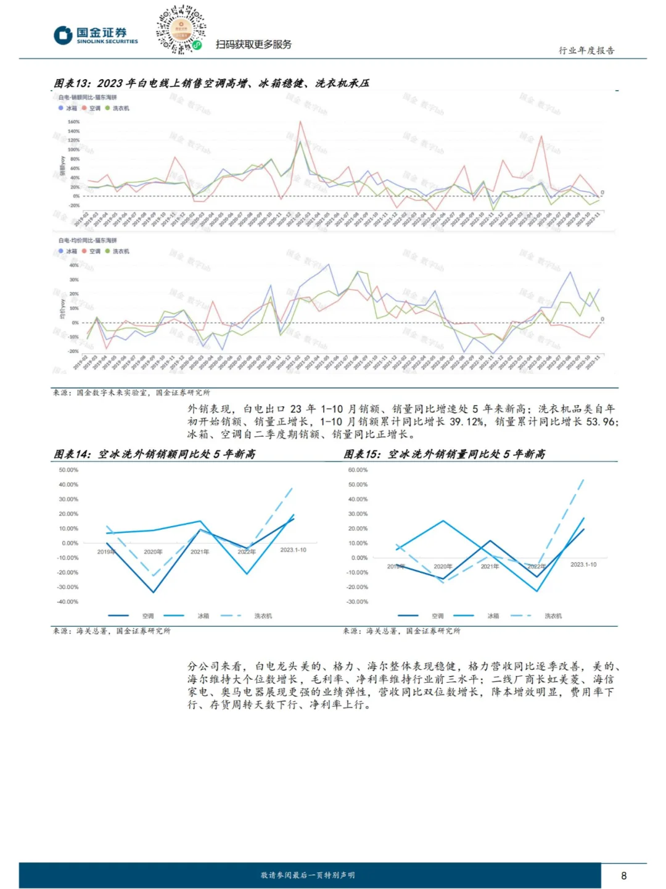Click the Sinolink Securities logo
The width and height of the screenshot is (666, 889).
coord(96,35)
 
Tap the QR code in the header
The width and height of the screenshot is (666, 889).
coord(181,29)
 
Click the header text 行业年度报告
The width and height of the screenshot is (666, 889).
coord(586,51)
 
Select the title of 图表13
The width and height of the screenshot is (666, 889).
coord(212,83)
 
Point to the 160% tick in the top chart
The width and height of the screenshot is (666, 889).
coord(73,122)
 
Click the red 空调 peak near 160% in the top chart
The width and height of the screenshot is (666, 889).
coord(300,122)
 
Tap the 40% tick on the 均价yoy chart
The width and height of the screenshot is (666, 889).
coord(74,265)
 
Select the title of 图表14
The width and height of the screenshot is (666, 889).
coord(154,454)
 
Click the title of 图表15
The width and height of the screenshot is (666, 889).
coord(444,454)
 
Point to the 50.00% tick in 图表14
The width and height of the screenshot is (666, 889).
coord(68,470)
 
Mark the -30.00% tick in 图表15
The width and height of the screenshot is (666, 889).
coord(358,601)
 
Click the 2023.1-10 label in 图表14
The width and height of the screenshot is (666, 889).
coord(293,549)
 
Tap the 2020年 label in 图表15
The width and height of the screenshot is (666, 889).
coord(443,566)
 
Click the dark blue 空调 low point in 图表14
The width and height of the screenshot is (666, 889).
coord(153,592)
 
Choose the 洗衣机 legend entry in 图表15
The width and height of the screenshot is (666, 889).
coord(553,616)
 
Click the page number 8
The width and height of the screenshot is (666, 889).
coord(624,875)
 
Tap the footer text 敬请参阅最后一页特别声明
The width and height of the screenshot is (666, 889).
coord(308,875)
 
